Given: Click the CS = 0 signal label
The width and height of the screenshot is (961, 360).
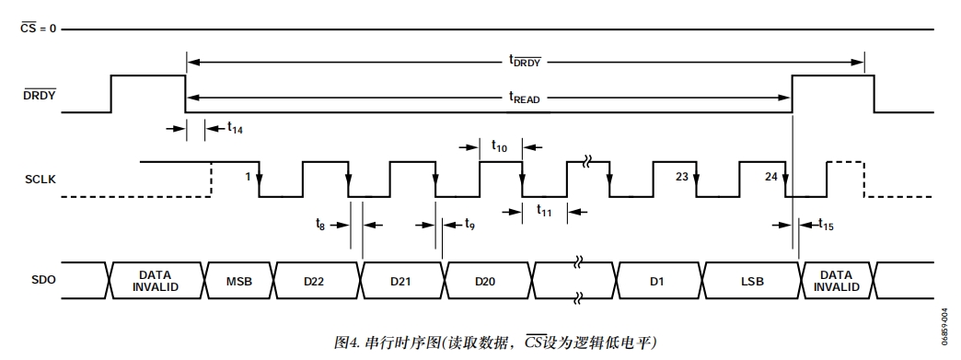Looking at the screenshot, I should coord(38,29).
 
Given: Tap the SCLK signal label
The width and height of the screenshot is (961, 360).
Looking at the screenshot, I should coord(40,179).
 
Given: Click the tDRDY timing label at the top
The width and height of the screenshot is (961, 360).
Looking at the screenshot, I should coord(524,61).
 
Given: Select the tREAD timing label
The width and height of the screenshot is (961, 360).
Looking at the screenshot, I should coord(524,96).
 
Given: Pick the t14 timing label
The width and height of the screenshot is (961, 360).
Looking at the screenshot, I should coord(235,129).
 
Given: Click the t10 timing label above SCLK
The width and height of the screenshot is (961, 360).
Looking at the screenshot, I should coord(499,145).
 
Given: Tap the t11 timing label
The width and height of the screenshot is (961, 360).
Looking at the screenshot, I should coord(544,210).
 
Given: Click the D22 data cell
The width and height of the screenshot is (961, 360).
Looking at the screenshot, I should coord(313,281).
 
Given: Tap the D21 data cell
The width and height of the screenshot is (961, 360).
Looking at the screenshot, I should coord(399,281).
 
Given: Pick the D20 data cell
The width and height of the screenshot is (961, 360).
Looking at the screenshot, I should coord(485,281).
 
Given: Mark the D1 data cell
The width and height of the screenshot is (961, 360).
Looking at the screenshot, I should coord(656,281).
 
